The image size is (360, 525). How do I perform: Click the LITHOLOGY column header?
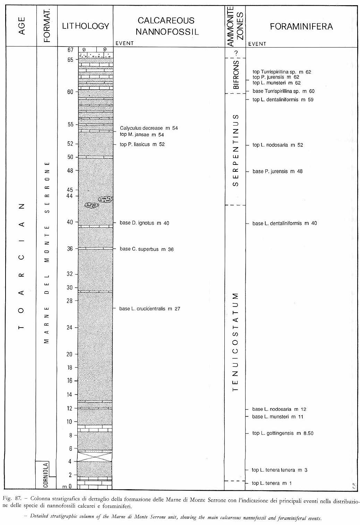click(85, 26)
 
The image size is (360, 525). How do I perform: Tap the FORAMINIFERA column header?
click(301, 26)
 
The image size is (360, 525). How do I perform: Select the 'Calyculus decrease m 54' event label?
click(149, 128)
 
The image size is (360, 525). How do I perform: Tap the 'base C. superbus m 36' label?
click(146, 249)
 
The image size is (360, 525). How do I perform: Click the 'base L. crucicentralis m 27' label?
click(149, 308)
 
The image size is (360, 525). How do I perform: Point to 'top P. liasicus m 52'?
click(142, 144)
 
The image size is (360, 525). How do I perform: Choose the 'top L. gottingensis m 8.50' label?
click(283, 433)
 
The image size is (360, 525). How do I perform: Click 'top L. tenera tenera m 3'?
click(280, 470)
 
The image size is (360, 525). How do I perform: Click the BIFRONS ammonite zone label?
click(236, 75)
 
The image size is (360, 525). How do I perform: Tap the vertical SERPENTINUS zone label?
click(236, 150)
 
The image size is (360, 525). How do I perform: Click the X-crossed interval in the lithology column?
click(95, 456)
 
